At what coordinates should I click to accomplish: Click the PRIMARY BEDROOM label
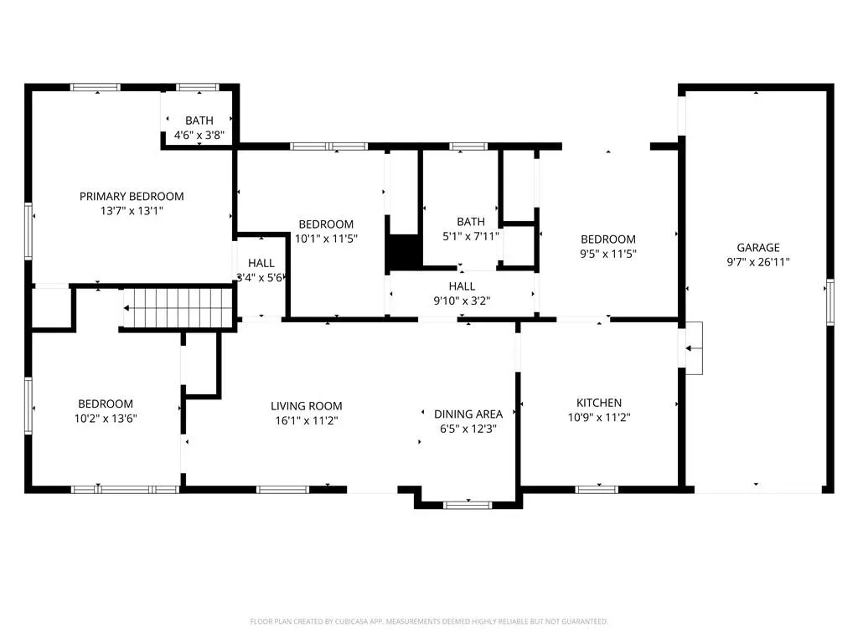(x=132, y=196)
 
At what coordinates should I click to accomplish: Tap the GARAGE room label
(x=757, y=247)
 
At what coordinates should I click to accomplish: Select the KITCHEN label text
(x=599, y=403)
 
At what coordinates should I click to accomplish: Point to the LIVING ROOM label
(x=307, y=406)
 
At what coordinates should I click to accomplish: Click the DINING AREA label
(x=468, y=414)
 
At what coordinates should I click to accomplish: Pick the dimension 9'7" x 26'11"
(x=757, y=262)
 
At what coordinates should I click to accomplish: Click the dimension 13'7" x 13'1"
(x=132, y=211)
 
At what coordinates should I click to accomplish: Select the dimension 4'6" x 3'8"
(x=199, y=135)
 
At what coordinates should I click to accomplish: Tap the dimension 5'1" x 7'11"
(x=471, y=236)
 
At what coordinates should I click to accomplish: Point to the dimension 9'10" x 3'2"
(x=462, y=301)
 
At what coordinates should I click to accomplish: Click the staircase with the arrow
(x=179, y=308)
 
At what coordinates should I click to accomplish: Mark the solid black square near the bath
(x=404, y=251)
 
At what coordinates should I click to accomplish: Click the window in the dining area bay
(x=468, y=505)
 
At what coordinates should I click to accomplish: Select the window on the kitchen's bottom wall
(x=597, y=489)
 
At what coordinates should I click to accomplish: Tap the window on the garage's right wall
(x=830, y=301)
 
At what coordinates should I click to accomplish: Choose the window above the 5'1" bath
(x=468, y=146)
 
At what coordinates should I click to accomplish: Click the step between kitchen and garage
(x=694, y=348)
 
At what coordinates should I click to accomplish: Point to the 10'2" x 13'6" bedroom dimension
(x=106, y=419)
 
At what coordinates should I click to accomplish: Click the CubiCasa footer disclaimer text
(x=429, y=622)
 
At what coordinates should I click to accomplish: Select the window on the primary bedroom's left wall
(x=28, y=231)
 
